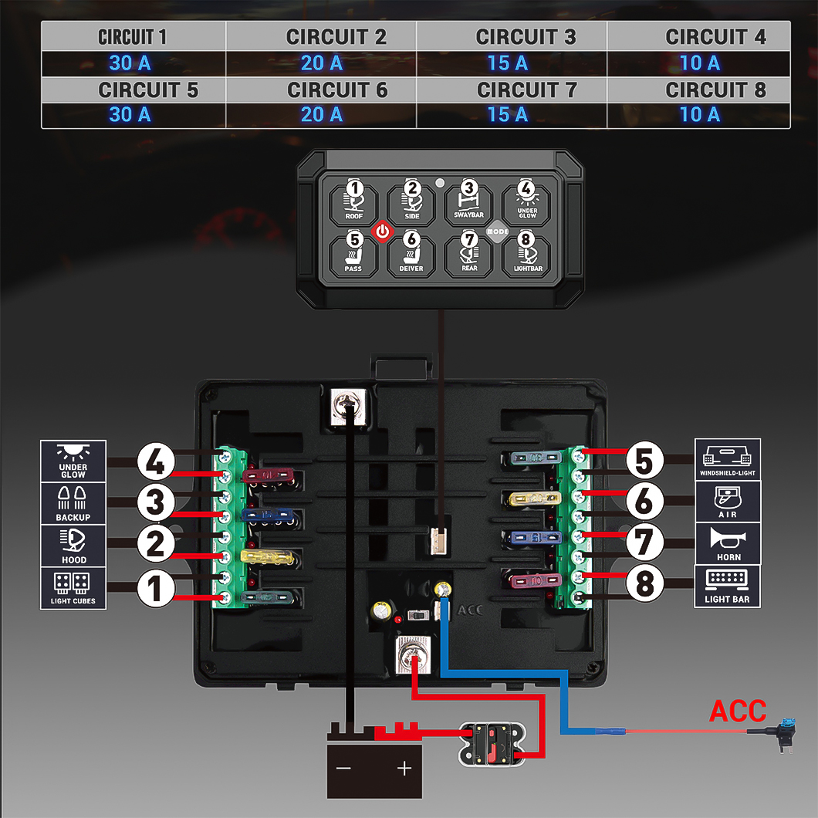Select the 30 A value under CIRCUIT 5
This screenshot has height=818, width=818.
point(130,114)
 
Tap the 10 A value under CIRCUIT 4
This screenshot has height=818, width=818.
point(700,63)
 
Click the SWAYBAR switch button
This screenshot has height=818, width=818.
point(469,201)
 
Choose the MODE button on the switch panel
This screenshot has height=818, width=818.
point(498,231)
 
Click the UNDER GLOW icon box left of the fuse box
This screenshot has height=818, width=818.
point(73,461)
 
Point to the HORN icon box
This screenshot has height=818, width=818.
point(728,543)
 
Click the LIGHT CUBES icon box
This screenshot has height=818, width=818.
point(73,588)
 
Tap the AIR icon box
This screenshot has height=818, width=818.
point(728,501)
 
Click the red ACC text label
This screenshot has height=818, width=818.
point(738,711)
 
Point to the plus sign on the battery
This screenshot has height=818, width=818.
point(404,769)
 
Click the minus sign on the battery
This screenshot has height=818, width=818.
point(343,769)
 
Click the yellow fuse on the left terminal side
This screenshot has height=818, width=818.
point(266,556)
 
